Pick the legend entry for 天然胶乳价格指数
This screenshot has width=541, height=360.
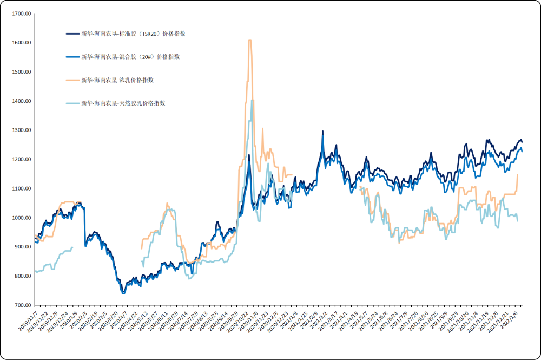tap(123, 103)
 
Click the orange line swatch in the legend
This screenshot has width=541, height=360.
tap(72, 80)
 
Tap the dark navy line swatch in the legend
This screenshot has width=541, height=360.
tap(72, 34)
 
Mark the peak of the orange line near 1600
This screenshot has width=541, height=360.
tap(249, 40)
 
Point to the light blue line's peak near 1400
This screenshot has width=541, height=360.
tap(252, 101)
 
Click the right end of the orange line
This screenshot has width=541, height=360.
tap(518, 174)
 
